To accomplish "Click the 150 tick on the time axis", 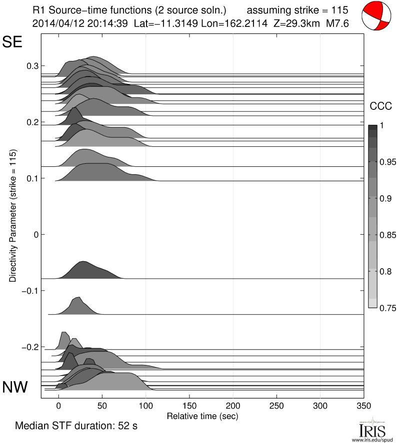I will (189, 406).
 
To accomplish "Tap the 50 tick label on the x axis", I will (102, 406).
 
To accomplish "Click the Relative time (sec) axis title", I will (202, 416).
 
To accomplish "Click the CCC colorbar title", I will (379, 106).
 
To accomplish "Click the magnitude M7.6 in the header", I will (337, 23).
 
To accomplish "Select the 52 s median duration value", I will (127, 427).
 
